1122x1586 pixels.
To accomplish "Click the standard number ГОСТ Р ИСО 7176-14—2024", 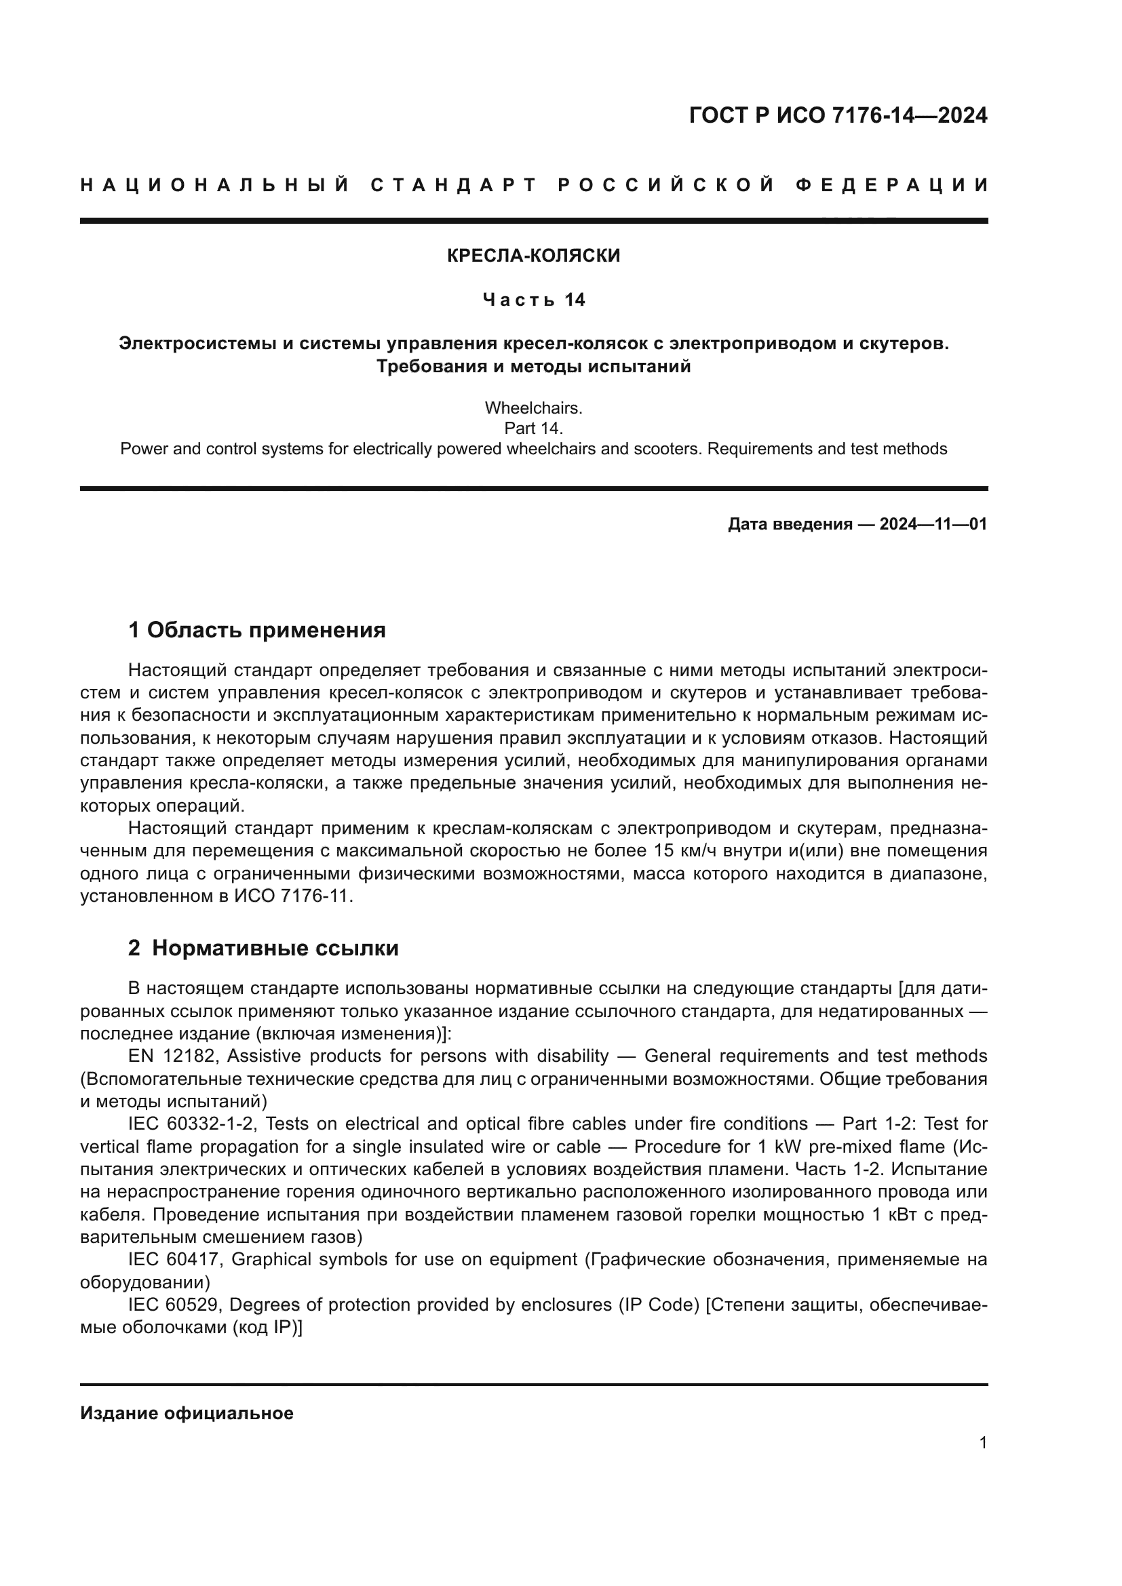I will pyautogui.click(x=837, y=115).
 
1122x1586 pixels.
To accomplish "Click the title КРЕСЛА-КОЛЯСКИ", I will pyautogui.click(x=533, y=256).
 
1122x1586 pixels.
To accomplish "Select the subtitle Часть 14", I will pyautogui.click(x=533, y=300).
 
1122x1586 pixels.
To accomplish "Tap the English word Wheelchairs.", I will pyautogui.click(x=533, y=408).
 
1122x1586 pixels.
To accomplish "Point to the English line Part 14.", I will pyautogui.click(x=533, y=429).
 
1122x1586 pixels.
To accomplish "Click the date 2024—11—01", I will pyautogui.click(x=933, y=524).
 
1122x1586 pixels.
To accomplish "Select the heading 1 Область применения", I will pyautogui.click(x=256, y=630).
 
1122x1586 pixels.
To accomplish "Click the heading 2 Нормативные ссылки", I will pyautogui.click(x=263, y=949).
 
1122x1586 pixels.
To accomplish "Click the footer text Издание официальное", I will pyautogui.click(x=187, y=1413).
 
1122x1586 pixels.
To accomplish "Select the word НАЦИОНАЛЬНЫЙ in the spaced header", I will pyautogui.click(x=215, y=185).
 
